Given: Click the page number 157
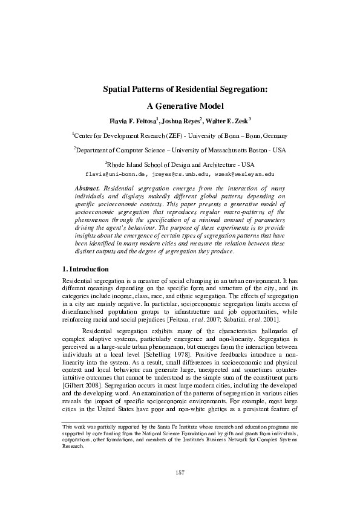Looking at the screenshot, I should (180, 471).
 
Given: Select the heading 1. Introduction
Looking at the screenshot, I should (86, 268).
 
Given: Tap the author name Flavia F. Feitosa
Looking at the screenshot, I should (132, 121).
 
